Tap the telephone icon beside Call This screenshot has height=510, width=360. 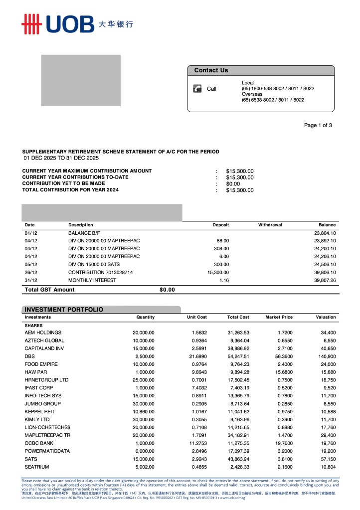(197, 89)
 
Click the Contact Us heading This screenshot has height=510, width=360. (211, 70)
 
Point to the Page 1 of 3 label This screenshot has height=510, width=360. (318, 125)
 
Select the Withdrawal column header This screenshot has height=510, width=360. (270, 225)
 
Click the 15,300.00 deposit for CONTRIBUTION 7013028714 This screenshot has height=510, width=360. (218, 272)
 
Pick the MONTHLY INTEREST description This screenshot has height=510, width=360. (92, 280)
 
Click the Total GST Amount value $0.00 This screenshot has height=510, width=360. (167, 290)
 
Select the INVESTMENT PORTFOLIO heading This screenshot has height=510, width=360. (64, 310)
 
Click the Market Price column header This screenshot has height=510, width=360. (279, 317)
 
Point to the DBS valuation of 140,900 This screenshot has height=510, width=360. (326, 356)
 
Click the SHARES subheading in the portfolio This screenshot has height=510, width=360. (33, 326)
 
